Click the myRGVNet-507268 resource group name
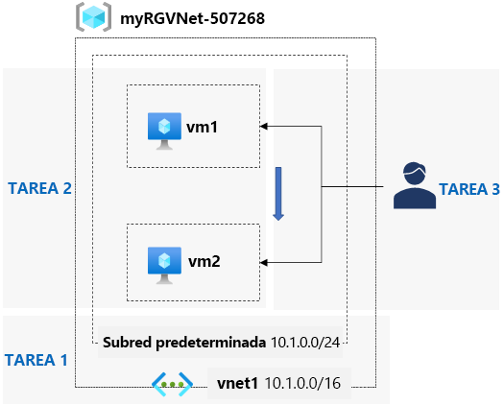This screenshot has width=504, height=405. tap(192, 18)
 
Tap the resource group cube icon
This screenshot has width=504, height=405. tap(93, 17)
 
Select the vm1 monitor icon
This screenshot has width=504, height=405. tap(164, 131)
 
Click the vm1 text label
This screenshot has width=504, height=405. tap(202, 127)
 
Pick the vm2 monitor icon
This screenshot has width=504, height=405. tap(164, 265)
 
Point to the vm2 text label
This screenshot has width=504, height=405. tap(204, 261)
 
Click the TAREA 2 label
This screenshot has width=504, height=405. tap(39, 188)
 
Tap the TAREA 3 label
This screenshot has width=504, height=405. tap(469, 189)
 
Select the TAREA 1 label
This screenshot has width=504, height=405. tap(36, 360)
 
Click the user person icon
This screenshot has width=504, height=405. tap(415, 185)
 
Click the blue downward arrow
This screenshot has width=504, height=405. tap(278, 194)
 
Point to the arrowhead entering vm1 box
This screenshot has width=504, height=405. tap(264, 127)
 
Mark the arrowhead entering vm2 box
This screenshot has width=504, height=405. tap(264, 263)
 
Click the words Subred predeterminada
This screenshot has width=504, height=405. tap(184, 343)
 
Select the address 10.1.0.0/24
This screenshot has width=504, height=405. tap(305, 343)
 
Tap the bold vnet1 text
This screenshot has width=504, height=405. tap(237, 383)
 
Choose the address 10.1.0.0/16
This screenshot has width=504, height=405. tap(302, 383)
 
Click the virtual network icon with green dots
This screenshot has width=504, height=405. tap(172, 384)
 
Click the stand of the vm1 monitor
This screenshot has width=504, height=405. tap(164, 144)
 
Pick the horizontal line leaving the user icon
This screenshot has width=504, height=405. tap(352, 186)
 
